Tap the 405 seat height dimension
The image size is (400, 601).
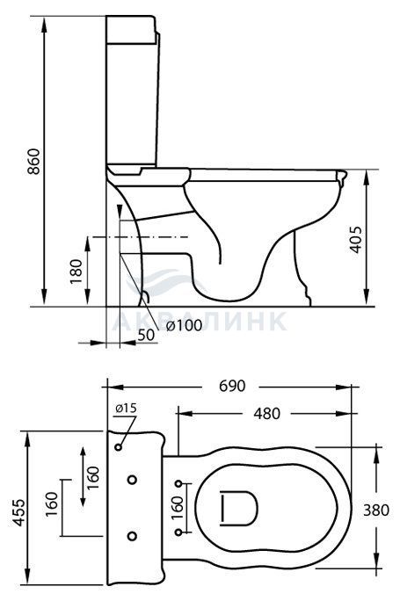coord(355,240)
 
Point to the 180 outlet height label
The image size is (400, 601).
coord(76,272)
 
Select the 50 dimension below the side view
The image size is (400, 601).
coord(146,335)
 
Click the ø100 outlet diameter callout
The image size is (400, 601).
coord(184,325)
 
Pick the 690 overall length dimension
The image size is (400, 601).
coord(232,386)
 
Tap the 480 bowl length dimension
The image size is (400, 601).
coord(267,413)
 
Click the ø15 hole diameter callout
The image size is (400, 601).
coord(126,409)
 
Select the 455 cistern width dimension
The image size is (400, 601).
coord(18,512)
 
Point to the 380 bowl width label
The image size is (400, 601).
coord(376,510)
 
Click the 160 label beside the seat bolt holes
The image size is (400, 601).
coord(178,508)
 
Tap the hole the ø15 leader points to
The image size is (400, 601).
coord(119,447)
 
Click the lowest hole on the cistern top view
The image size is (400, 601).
coord(132,535)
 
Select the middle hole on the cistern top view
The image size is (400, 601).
coord(133,480)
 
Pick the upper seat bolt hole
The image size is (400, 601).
coord(178,484)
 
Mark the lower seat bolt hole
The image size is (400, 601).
coord(178,532)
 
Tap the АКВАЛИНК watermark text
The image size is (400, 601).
coord(200,322)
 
